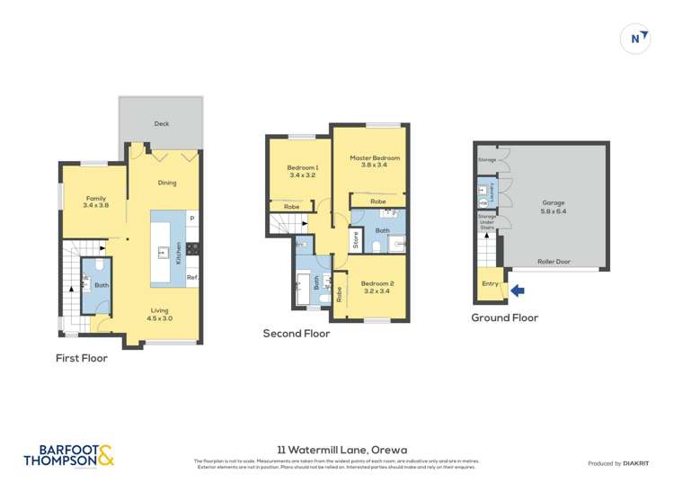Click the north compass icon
[x=636, y=39]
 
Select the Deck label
[x=162, y=124]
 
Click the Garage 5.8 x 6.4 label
[x=555, y=206]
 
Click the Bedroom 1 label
[x=303, y=171]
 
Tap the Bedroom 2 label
[x=378, y=287]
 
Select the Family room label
[x=95, y=201]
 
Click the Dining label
[x=167, y=183]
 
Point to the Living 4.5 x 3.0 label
[x=160, y=314]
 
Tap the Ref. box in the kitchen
[x=191, y=278]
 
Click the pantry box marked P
[x=192, y=219]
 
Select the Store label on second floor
[x=356, y=239]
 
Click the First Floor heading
[x=82, y=358]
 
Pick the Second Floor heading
[x=296, y=334]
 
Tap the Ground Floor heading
[x=504, y=318]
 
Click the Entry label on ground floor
[x=490, y=283]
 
